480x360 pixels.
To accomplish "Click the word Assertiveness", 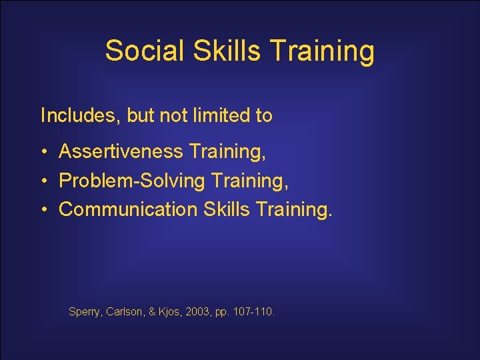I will click(x=121, y=151).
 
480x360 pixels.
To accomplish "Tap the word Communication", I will click(x=128, y=209).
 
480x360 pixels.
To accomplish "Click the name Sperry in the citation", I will click(x=84, y=311).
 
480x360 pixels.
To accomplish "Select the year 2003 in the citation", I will click(x=199, y=311).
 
